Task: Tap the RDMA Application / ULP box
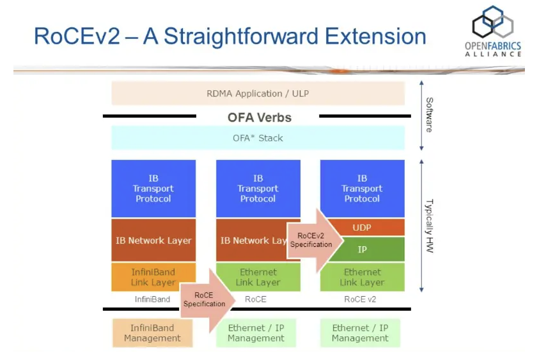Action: pos(258,93)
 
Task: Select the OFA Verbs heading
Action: pos(259,117)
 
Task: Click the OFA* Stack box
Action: pos(258,137)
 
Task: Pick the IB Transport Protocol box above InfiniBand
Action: pos(153,189)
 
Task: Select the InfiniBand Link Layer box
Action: pos(153,277)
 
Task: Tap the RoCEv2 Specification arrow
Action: pos(313,240)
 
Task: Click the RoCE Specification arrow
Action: pos(205,299)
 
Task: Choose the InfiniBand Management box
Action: pos(152,333)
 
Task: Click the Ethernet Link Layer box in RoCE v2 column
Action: pos(362,277)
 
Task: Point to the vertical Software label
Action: pos(429,114)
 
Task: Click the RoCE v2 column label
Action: pos(362,299)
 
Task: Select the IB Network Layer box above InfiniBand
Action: pos(153,240)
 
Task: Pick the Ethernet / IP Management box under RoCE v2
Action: pos(360,333)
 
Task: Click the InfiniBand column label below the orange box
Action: pos(153,299)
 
